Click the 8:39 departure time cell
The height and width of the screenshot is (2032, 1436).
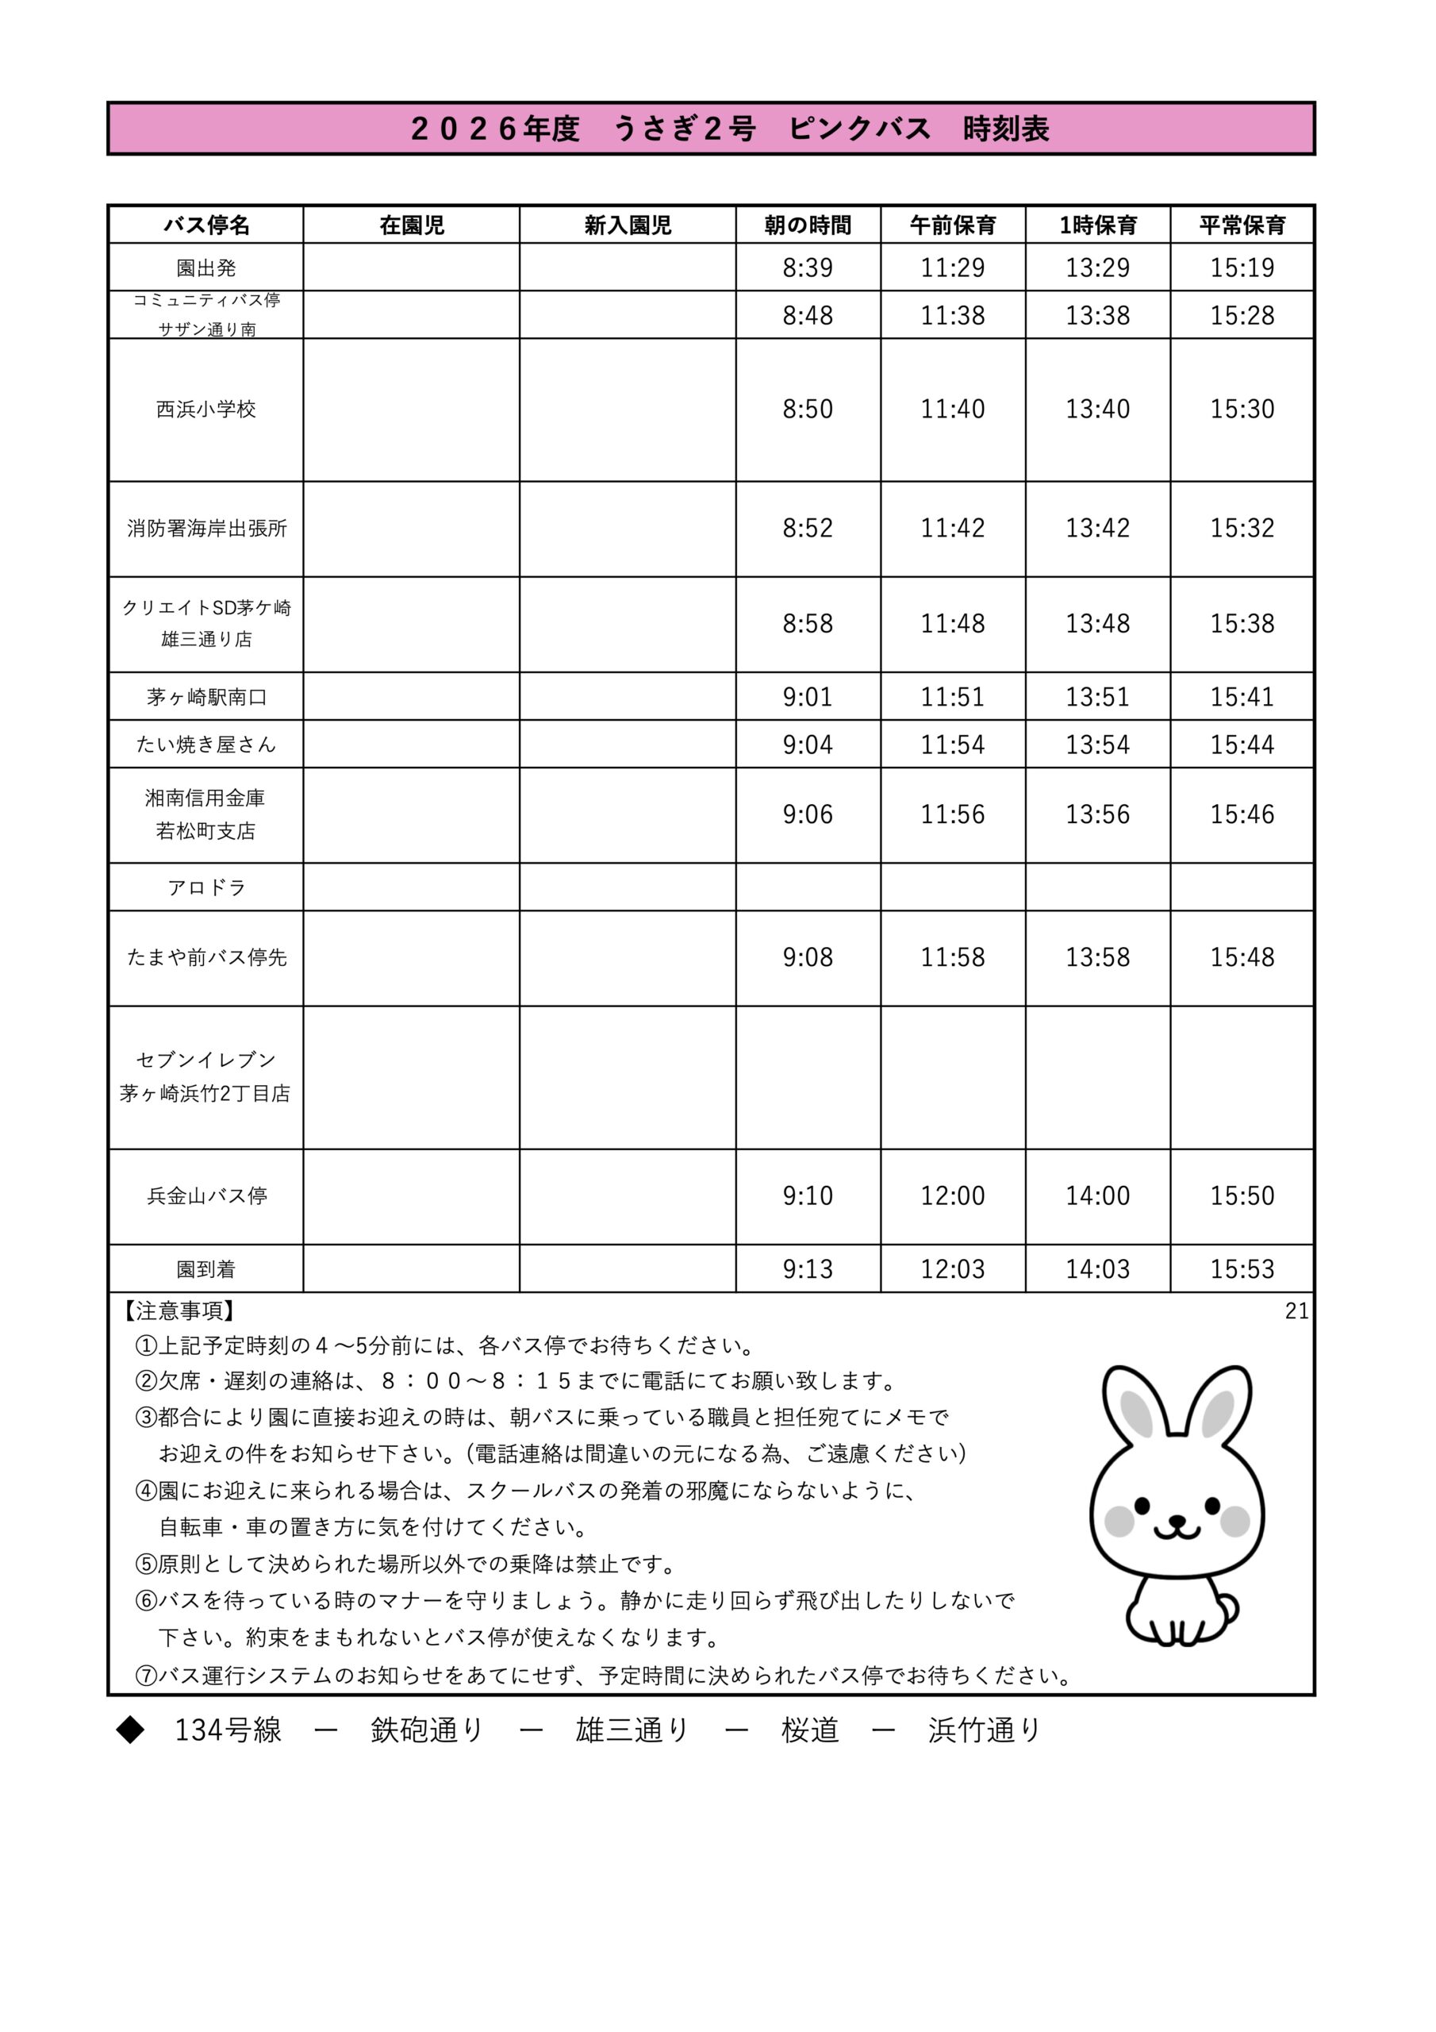807,267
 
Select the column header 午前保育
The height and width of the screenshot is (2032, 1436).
952,225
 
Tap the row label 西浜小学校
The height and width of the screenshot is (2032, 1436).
205,409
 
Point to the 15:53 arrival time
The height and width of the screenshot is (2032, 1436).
1242,1269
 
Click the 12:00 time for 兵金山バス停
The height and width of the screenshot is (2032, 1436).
952,1195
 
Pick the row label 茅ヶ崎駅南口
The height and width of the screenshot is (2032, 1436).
206,698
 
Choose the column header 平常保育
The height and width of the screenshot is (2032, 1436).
1242,225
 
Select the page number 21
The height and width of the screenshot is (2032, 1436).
1296,1310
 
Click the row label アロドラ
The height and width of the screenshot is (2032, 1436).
206,887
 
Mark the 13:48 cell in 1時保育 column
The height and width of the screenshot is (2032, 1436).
1097,624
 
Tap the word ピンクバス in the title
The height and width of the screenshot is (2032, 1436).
859,129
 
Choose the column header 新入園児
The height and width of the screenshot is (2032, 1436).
628,225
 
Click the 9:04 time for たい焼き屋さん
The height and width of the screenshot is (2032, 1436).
807,745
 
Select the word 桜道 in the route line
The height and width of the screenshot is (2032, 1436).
809,1730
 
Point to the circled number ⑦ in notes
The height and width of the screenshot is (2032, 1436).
146,1676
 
